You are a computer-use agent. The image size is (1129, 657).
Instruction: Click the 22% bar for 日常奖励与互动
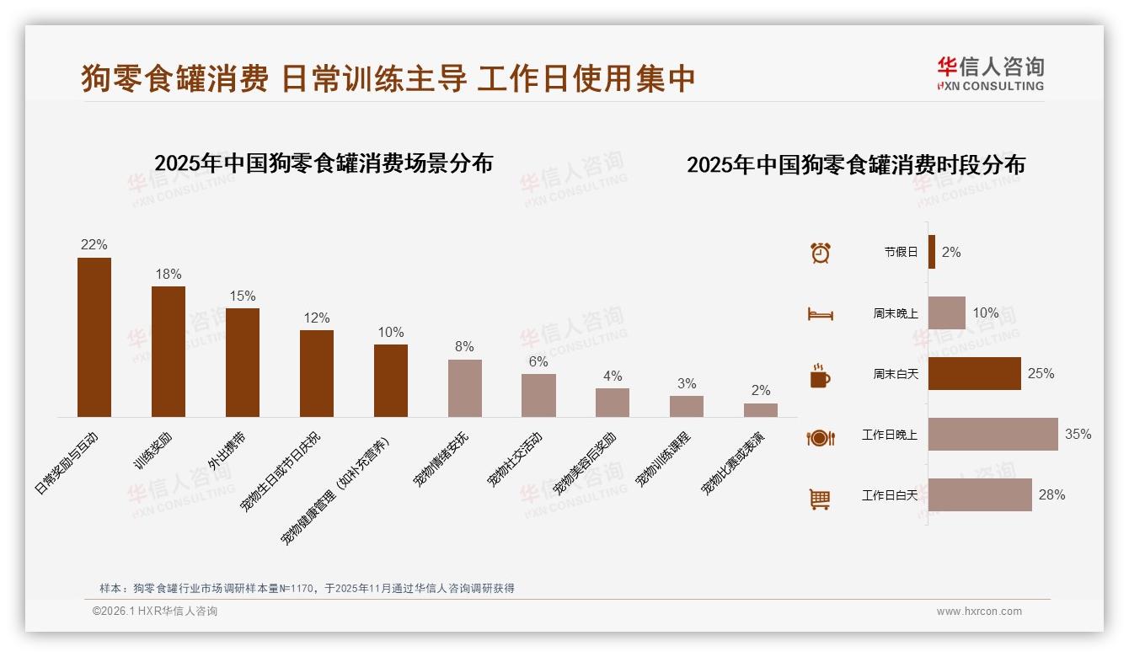94,337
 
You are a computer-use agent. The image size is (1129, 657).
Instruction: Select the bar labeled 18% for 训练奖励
169,351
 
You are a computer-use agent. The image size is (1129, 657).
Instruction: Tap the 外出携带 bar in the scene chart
243,362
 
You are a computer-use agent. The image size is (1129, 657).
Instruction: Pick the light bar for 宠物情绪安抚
465,388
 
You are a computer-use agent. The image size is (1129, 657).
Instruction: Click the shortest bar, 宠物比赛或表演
761,410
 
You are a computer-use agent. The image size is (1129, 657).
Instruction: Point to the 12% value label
317,318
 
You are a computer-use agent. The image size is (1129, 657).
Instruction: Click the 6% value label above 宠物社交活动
538,362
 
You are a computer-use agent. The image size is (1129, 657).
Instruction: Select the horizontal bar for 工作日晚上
993,435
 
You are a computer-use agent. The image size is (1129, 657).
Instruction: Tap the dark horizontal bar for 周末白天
974,373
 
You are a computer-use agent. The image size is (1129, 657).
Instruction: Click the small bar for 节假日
932,252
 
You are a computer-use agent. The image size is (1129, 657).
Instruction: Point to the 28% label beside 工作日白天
1051,495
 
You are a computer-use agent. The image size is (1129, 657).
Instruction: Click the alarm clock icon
821,253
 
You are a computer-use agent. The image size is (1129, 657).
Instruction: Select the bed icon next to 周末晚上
821,314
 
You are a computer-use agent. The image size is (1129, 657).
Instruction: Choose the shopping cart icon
820,499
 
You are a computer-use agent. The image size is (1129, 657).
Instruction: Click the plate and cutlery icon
821,437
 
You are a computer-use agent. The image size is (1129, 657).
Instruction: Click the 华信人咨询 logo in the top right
990,73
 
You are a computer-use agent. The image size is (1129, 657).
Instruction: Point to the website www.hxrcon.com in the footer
979,612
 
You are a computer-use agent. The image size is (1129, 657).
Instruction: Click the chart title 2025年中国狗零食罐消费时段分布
856,165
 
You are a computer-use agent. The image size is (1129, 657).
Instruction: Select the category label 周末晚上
896,313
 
